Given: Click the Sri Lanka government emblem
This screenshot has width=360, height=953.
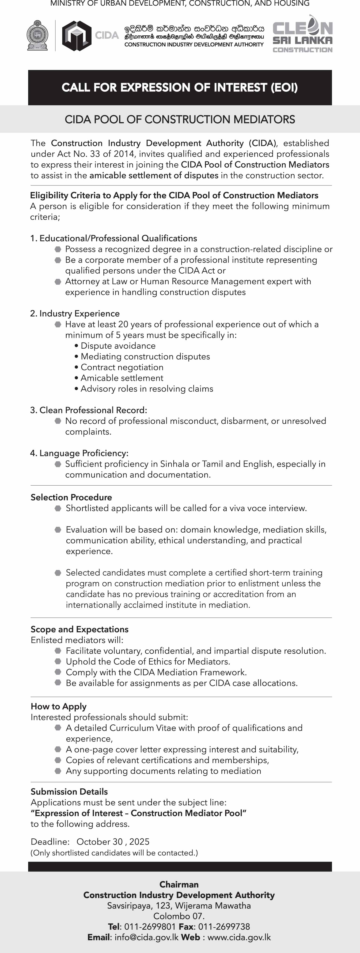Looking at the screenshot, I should click(x=37, y=35).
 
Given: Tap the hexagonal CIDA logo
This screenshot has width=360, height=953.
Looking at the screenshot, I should click(x=77, y=35).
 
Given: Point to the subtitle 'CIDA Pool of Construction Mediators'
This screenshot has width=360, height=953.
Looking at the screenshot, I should click(x=180, y=120).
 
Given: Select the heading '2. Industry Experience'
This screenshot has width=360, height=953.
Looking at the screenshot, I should click(x=75, y=313).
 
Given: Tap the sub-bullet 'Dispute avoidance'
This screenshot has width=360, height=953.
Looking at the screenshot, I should click(x=118, y=346).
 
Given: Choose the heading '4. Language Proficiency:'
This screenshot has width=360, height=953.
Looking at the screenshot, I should click(x=79, y=453).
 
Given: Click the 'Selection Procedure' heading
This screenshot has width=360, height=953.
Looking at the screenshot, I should click(x=71, y=497).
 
